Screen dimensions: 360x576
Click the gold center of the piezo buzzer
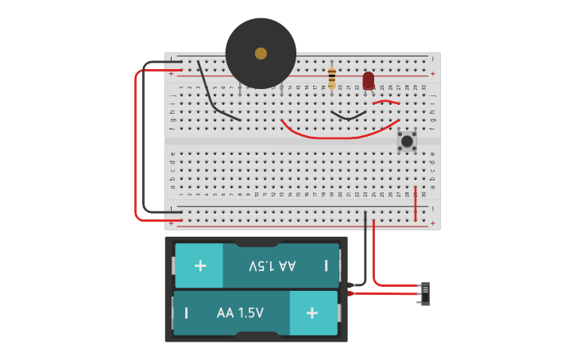(x=261, y=53)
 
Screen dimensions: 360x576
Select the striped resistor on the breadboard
(x=331, y=78)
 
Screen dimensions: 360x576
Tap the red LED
(x=369, y=80)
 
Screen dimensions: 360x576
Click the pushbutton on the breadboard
(x=407, y=141)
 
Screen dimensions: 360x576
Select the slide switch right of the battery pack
(x=425, y=293)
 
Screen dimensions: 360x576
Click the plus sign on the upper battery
(x=200, y=265)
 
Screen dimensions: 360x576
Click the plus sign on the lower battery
(x=312, y=313)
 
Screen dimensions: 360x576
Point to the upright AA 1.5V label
(x=240, y=313)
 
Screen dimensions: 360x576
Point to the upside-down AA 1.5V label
(x=272, y=265)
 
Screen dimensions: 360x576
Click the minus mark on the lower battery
(x=187, y=313)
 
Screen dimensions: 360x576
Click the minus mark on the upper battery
(x=326, y=265)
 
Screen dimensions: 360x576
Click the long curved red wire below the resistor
(x=334, y=136)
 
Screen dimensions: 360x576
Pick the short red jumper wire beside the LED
(x=386, y=101)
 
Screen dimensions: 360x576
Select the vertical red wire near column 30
(x=415, y=204)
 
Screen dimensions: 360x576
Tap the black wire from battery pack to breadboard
(x=365, y=254)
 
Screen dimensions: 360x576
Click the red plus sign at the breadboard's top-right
(x=433, y=73)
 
